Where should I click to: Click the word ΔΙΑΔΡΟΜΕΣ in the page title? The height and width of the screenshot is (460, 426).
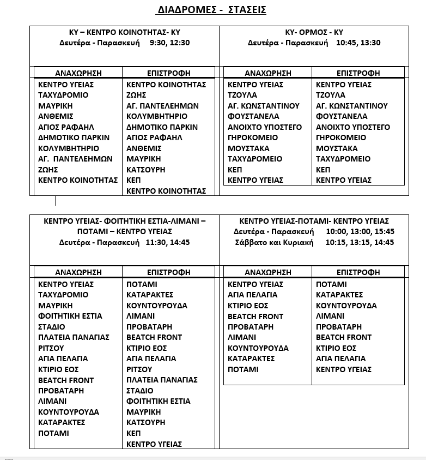coord(185,10)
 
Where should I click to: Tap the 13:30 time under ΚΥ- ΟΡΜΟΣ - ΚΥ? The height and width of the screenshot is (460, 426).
coord(371,43)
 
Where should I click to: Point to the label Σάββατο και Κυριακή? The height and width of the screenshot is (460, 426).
coord(274,242)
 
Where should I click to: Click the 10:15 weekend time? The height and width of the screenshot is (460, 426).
coord(335,242)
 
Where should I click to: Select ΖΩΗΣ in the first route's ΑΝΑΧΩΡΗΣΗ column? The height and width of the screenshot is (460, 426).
coord(48,170)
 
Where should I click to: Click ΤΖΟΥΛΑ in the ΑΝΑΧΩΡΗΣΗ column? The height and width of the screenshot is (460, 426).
coord(242,95)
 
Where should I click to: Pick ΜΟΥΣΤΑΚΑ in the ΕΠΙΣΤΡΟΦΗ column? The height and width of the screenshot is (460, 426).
coord(337,148)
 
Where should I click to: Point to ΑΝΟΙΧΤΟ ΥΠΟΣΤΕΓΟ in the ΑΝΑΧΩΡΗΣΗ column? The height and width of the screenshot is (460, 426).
coord(264,127)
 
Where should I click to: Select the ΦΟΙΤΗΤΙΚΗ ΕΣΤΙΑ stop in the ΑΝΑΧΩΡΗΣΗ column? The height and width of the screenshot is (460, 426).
coord(70,316)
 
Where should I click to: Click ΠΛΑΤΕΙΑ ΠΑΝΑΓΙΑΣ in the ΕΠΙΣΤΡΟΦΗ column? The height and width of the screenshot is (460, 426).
coord(162,380)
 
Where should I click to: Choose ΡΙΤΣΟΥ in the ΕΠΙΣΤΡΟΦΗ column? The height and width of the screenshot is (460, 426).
coord(139,369)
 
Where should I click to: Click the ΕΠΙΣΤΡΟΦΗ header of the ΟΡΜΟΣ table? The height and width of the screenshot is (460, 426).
coord(358,73)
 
